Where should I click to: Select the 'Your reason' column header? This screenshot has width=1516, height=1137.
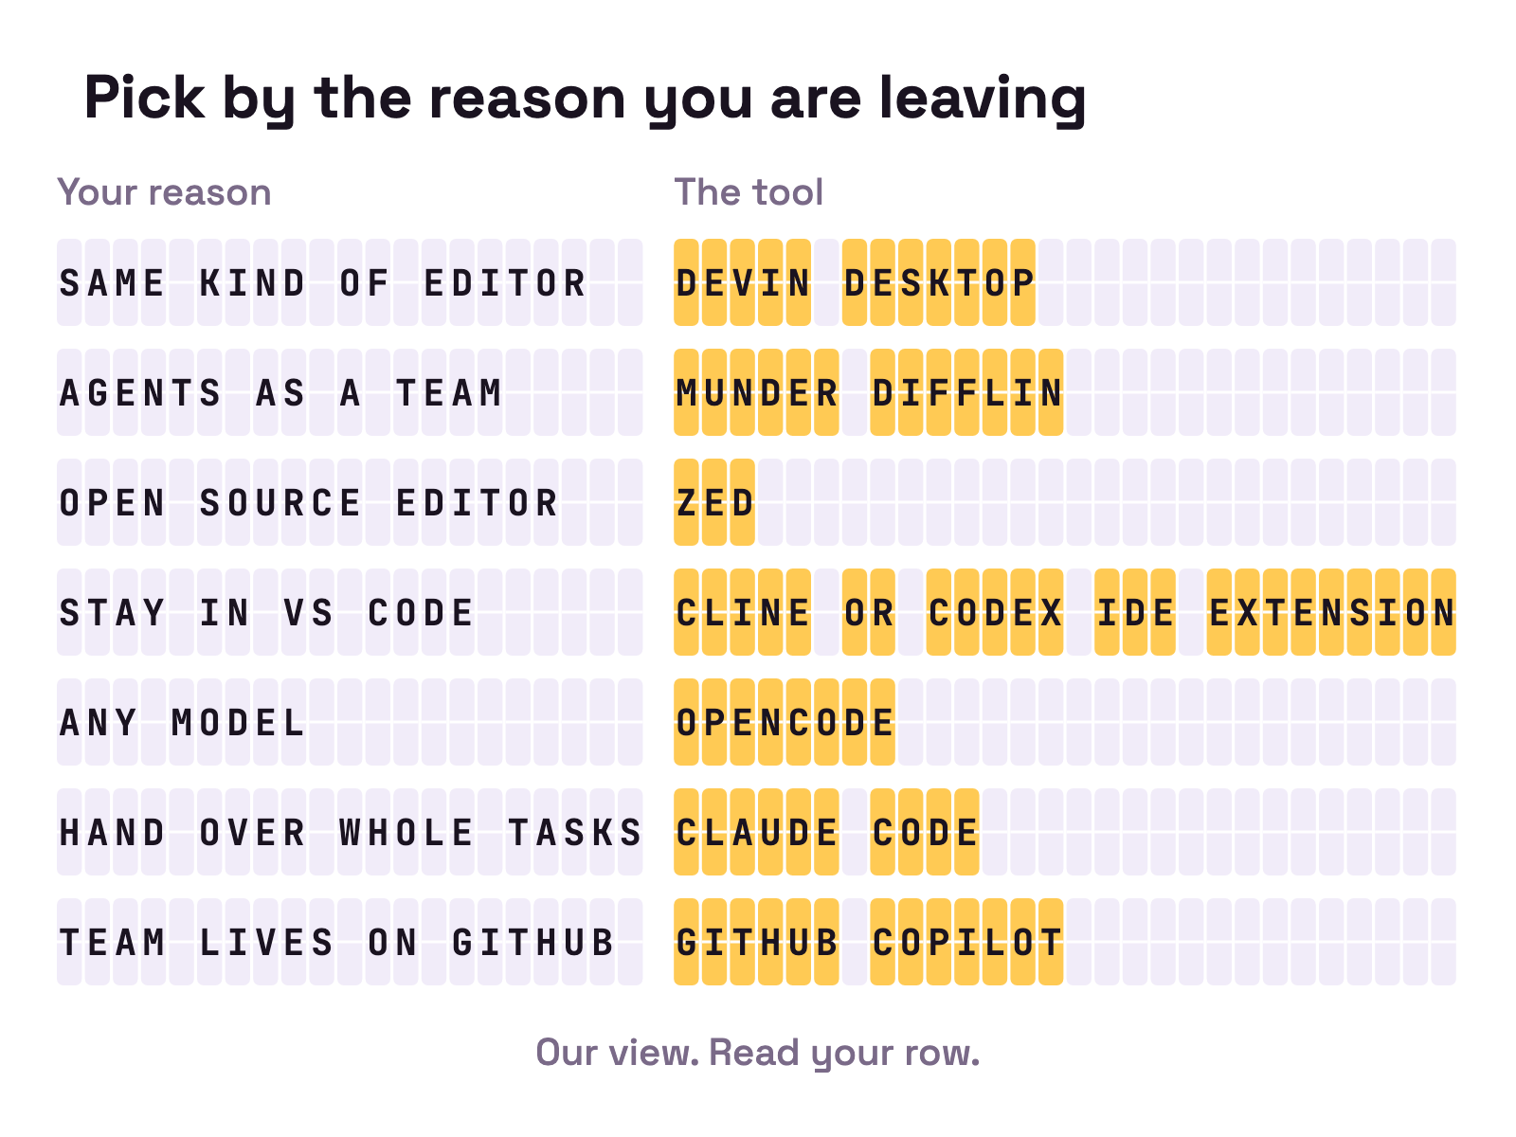164,191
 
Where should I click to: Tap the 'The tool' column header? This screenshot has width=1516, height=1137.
749,191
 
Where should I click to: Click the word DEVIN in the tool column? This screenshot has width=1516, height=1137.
743,282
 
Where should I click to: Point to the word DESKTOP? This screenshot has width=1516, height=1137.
939,282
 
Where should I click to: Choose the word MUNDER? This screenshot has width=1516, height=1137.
756,392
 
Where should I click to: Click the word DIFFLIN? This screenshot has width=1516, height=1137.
966,392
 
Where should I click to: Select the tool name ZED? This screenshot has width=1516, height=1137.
714,502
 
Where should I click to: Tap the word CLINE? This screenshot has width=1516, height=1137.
743,612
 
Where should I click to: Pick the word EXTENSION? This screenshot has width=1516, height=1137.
1331,612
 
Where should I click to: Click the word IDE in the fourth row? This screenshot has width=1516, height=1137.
1135,612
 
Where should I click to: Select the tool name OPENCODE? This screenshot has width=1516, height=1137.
785,721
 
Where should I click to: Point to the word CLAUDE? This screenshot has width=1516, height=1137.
756,831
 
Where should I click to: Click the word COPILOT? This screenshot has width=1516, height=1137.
966,942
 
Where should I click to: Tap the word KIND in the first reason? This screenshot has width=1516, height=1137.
251,282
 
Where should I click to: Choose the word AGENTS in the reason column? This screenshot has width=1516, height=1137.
139,392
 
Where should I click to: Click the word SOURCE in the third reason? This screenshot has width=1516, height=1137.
280,502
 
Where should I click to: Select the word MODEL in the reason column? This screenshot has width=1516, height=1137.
238,721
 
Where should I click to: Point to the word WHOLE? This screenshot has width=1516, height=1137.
406,831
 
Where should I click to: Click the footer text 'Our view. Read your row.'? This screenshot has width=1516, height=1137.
758,1052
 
